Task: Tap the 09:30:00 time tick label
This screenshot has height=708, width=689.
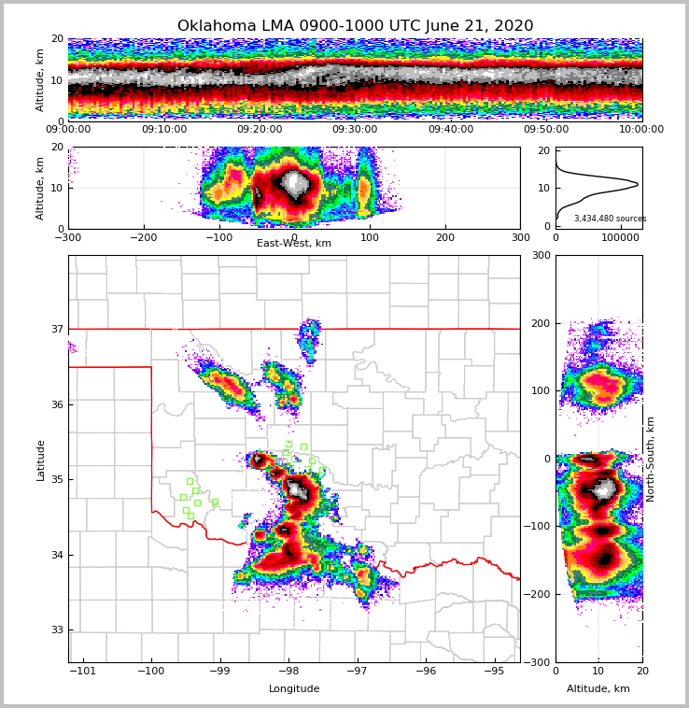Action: click(x=355, y=130)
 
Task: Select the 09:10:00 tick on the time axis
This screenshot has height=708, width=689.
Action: click(x=163, y=130)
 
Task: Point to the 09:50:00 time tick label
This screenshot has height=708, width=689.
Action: click(x=546, y=130)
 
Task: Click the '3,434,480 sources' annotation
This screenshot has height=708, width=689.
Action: click(x=610, y=219)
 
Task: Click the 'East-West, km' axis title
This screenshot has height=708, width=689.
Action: click(x=294, y=244)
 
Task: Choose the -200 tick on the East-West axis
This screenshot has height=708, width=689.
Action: click(x=143, y=237)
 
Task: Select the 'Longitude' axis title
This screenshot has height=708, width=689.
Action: click(x=294, y=689)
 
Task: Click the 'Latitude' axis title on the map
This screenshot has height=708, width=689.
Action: click(x=40, y=460)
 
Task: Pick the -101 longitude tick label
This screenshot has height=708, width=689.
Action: click(x=84, y=671)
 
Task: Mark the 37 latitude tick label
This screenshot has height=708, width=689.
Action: click(x=56, y=329)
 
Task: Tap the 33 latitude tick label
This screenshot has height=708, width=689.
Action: click(x=56, y=630)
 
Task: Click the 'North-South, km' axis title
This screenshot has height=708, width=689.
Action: click(x=651, y=459)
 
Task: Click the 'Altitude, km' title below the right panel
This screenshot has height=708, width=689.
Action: click(x=598, y=689)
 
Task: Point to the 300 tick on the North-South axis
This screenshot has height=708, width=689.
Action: click(x=541, y=255)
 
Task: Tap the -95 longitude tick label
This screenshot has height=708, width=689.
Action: click(x=494, y=671)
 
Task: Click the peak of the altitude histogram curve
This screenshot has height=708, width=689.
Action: click(x=638, y=184)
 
